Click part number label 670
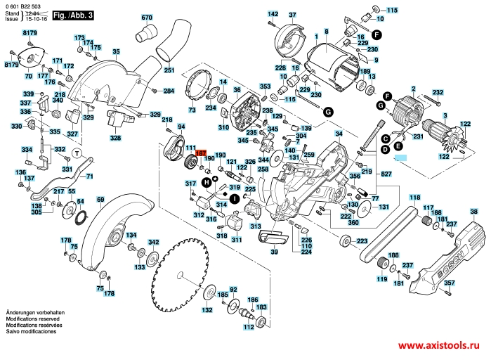click(x=146, y=17)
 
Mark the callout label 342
click(x=153, y=241)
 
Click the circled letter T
click(x=76, y=154)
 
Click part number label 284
click(x=169, y=91)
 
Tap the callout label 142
click(x=273, y=14)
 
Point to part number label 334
click(x=27, y=150)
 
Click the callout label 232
click(x=438, y=93)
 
